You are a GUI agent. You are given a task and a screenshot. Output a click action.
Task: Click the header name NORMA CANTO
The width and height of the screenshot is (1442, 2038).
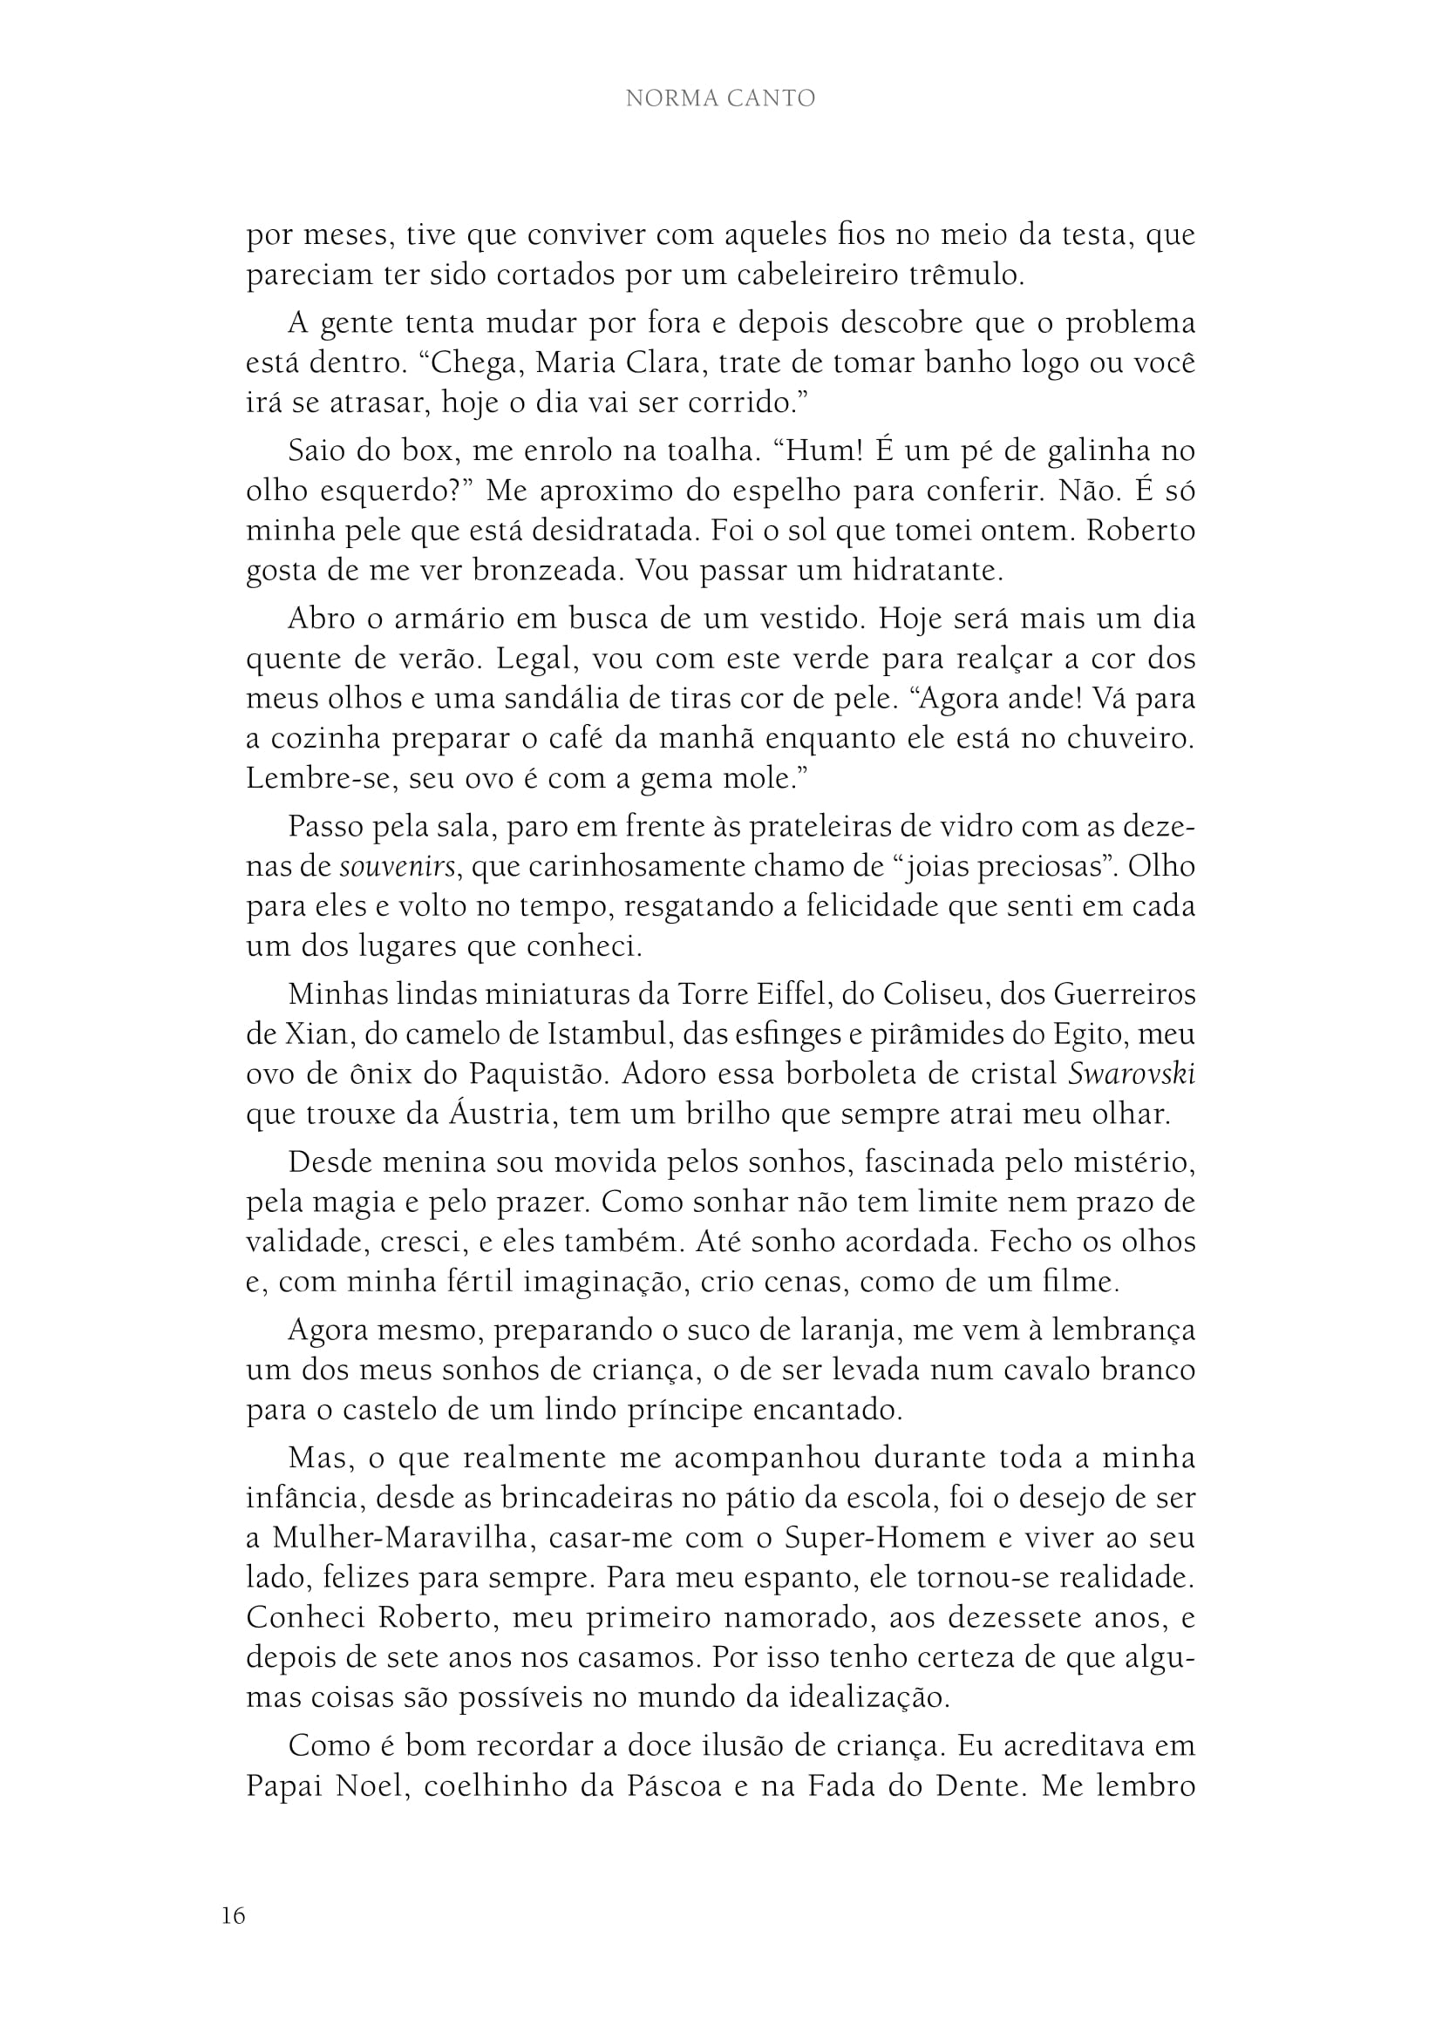[720, 98]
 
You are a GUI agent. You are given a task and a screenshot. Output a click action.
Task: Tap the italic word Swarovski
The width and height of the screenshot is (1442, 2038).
[1132, 1074]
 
